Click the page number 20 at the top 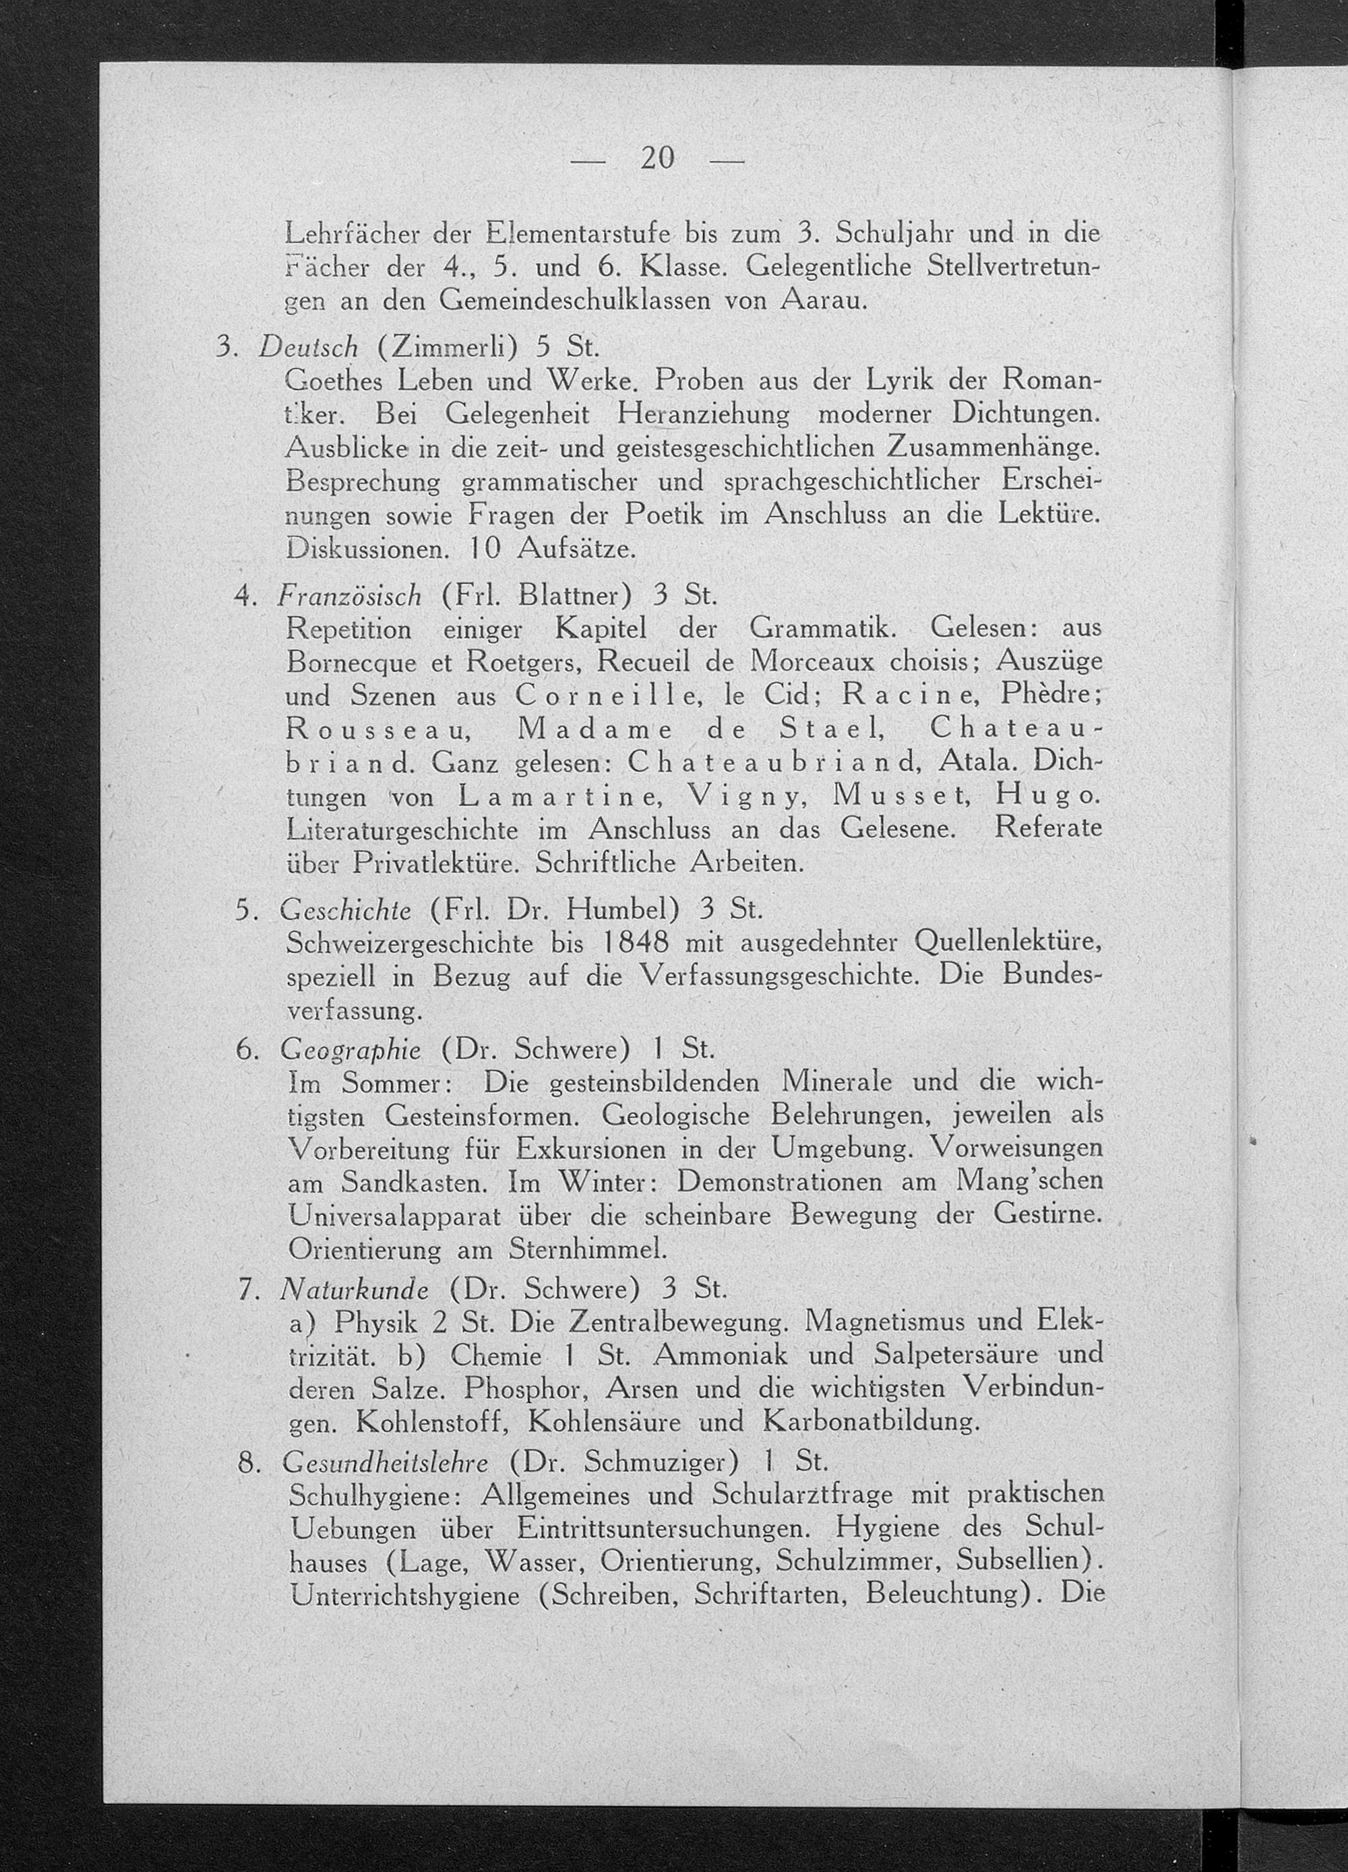coord(657,158)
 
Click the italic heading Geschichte coord(346,909)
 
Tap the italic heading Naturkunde coord(354,1288)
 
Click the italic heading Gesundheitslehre coord(385,1462)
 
